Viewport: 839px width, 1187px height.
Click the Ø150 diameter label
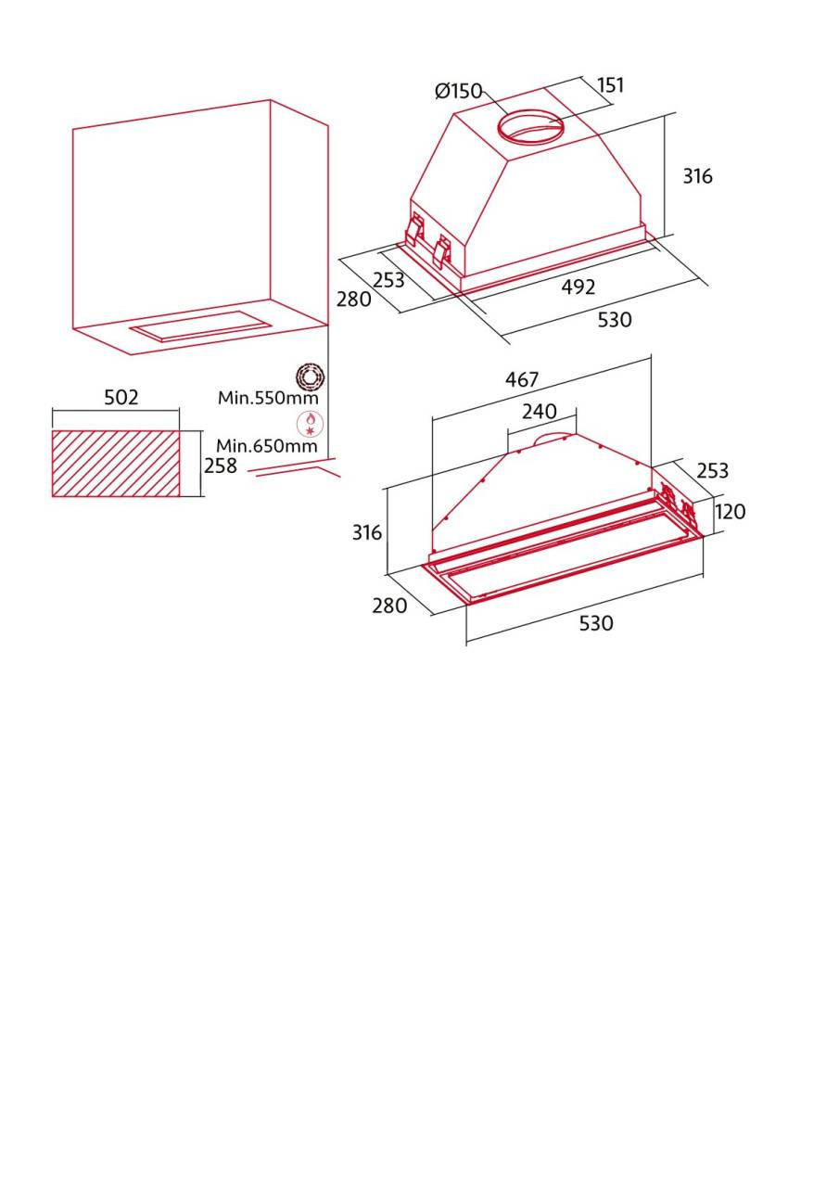coord(458,91)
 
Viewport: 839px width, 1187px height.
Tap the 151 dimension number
coord(611,85)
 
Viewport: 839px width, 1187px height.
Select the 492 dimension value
coord(578,287)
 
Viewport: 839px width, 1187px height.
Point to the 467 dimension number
coord(522,379)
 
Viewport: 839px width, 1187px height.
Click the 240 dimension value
coord(540,411)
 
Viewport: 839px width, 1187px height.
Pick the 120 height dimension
coord(730,511)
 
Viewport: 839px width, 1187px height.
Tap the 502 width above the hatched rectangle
coord(121,397)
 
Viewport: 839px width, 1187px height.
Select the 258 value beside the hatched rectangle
coord(221,466)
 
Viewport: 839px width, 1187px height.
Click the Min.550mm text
coord(268,398)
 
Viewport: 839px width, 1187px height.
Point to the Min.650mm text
coord(267,446)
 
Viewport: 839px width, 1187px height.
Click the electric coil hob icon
coord(310,377)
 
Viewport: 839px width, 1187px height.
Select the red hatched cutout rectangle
coord(116,463)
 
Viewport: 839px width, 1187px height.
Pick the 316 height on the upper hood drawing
coord(697,176)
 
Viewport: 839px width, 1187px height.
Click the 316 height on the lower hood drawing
coord(367,532)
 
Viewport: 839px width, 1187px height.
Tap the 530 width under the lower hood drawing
coord(596,623)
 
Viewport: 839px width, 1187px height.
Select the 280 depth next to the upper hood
coord(354,300)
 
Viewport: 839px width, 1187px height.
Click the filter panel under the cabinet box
coord(201,325)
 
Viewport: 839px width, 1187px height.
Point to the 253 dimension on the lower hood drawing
coord(713,470)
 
